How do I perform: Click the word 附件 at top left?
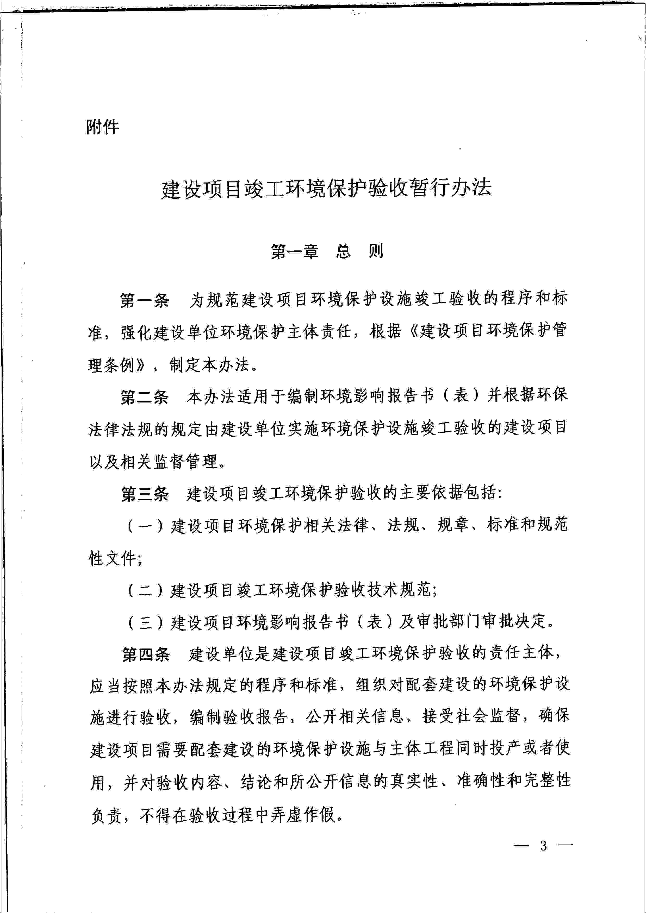[x=103, y=127]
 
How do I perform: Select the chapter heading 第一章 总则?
[x=327, y=251]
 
